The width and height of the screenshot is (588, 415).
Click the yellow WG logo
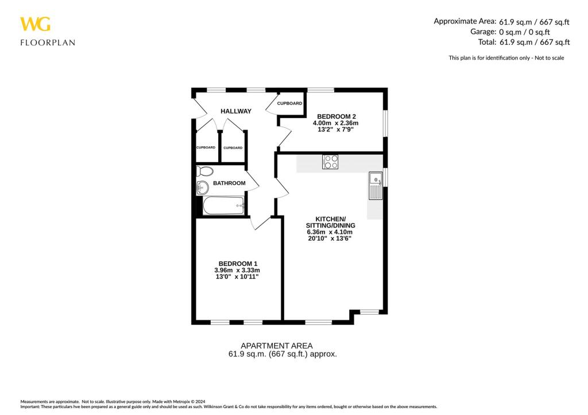pyautogui.click(x=35, y=24)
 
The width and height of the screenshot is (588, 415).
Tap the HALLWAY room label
pyautogui.click(x=236, y=111)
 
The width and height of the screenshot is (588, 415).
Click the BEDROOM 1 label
pyautogui.click(x=237, y=263)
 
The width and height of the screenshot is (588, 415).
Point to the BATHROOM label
pyautogui.click(x=229, y=183)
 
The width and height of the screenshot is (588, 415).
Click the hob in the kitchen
pyautogui.click(x=330, y=162)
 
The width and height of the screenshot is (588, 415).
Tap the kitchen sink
pyautogui.click(x=376, y=185)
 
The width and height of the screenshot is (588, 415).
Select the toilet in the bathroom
pyautogui.click(x=204, y=171)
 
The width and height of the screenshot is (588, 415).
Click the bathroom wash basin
pyautogui.click(x=202, y=186)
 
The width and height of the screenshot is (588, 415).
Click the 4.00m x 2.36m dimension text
pyautogui.click(x=335, y=123)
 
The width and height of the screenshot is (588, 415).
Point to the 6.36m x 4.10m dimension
pyautogui.click(x=330, y=232)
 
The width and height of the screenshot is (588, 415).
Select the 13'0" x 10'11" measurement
pyautogui.click(x=237, y=277)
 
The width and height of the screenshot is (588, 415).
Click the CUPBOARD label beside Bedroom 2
pyautogui.click(x=289, y=104)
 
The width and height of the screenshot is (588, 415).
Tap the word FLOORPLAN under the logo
pyautogui.click(x=48, y=42)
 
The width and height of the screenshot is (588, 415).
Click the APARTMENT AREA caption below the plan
pyautogui.click(x=276, y=346)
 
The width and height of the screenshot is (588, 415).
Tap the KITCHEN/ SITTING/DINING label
pyautogui.click(x=330, y=222)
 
